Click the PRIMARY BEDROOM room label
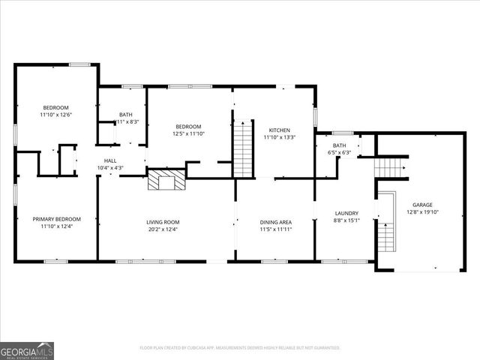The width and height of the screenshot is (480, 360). [56, 219]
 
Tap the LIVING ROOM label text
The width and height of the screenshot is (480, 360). [163, 222]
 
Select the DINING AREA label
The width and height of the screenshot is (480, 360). [275, 222]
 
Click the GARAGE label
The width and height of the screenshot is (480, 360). [423, 204]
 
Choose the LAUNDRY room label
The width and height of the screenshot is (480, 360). [346, 213]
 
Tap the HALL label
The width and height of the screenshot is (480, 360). [110, 160]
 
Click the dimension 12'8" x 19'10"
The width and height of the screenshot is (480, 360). [423, 212]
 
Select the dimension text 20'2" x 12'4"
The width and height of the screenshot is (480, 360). [163, 229]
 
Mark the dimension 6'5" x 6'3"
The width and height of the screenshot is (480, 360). [340, 153]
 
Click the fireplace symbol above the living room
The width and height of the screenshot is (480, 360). [166, 180]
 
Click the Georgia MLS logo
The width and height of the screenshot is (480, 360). [27, 350]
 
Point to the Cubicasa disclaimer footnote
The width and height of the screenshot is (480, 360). [240, 347]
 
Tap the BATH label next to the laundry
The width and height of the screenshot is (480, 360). [340, 145]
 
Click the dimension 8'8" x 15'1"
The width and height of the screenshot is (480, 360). [346, 220]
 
